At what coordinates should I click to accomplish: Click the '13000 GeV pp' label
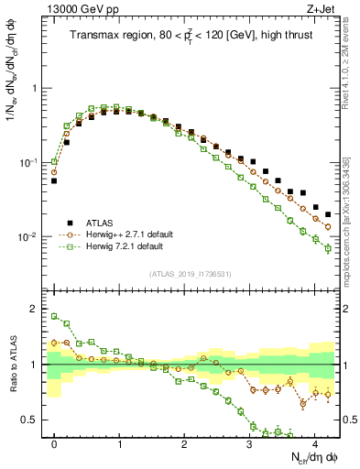click(82, 9)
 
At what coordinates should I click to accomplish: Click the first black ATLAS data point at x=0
click(54, 181)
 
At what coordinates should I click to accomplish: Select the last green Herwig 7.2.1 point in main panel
click(328, 248)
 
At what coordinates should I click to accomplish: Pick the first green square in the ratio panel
click(54, 317)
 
